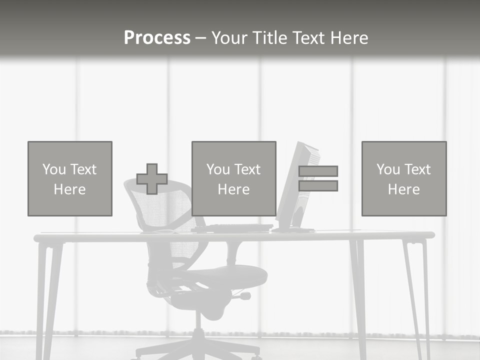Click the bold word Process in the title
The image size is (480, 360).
(157, 37)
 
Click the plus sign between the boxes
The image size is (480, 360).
(152, 179)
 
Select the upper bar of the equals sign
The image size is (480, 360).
(318, 171)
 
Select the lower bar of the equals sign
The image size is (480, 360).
(318, 186)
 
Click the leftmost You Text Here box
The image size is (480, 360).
(70, 178)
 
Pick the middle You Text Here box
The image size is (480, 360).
(233, 178)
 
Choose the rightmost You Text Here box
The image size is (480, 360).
(403, 178)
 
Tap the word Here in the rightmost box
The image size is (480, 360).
(403, 189)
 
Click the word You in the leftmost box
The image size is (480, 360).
(53, 169)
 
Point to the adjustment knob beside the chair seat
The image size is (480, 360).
(244, 296)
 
